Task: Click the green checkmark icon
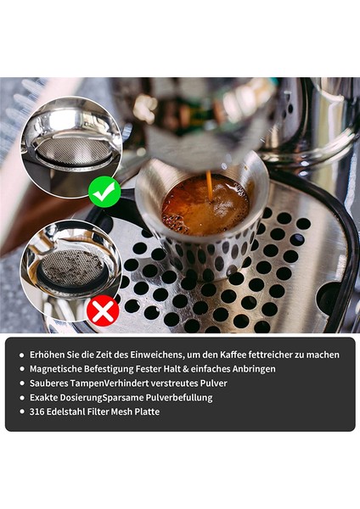[104, 193]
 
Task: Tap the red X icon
[103, 311]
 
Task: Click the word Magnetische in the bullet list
[59, 368]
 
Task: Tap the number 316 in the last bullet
[38, 411]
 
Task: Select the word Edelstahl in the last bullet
[71, 411]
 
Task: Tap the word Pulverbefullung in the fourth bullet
[173, 397]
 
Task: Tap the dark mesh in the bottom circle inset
[72, 267]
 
